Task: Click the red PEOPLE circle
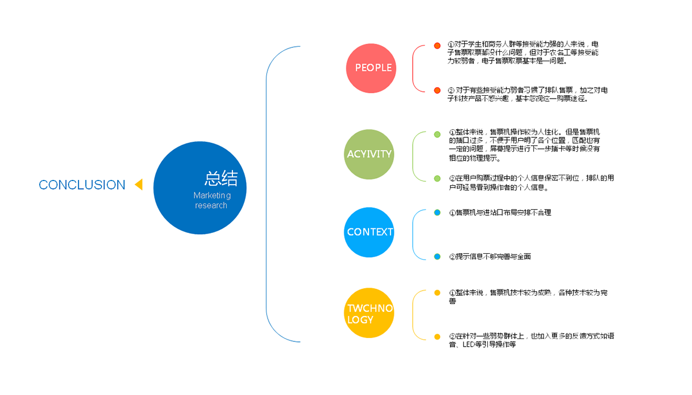point(373,68)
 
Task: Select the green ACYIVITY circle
point(369,154)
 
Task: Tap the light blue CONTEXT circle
point(369,232)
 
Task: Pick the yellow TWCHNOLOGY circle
point(369,314)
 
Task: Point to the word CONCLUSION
point(82,185)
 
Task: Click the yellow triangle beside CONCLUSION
point(138,185)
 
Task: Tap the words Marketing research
point(212,201)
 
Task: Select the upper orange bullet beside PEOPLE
point(437,46)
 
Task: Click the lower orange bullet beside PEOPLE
point(437,91)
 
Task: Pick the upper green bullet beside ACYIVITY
point(437,134)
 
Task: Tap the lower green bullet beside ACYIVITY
point(437,179)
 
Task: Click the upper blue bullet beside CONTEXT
point(437,213)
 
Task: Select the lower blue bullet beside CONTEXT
point(437,257)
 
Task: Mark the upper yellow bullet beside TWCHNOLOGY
point(437,293)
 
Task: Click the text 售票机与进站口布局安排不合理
point(503,213)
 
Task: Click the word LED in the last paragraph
point(468,345)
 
